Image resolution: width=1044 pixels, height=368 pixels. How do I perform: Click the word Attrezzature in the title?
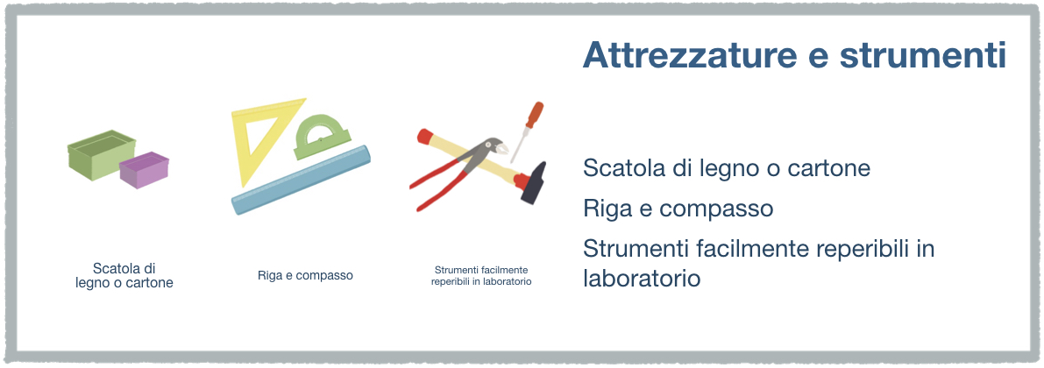point(689,55)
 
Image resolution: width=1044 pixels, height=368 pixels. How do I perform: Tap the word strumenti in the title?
point(923,55)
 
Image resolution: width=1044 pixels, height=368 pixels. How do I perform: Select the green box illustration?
point(100,153)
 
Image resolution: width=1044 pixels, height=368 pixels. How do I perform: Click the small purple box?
point(144,170)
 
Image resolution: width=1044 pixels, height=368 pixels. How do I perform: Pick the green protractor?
point(323,137)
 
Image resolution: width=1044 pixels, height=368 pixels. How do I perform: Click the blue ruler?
point(301,179)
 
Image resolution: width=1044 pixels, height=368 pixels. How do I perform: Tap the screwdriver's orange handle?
point(534,115)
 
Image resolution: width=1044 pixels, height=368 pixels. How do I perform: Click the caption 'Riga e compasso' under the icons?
point(305,275)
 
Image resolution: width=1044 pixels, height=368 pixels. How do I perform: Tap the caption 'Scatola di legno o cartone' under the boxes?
point(124,275)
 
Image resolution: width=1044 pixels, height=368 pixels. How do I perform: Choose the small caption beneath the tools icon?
point(481,275)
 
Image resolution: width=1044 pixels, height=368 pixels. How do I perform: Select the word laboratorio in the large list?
point(642,278)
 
